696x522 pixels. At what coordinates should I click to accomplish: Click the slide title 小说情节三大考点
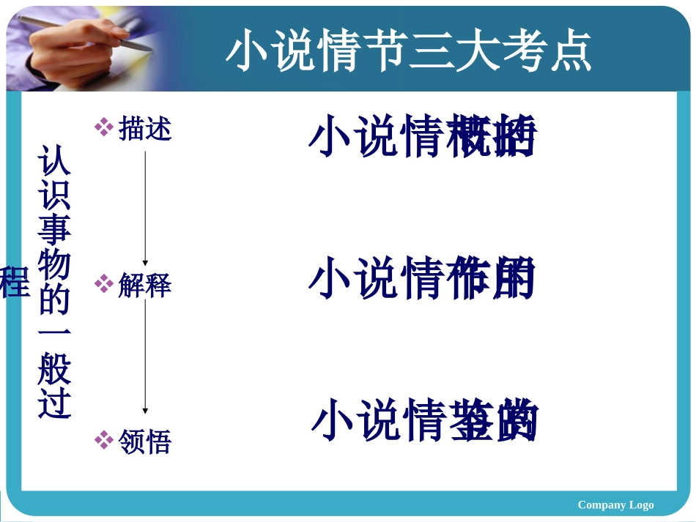pos(409,51)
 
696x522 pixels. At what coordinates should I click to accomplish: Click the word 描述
pos(145,128)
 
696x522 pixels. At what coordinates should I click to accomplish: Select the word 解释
pos(145,285)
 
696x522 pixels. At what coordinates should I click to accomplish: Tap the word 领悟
pos(145,441)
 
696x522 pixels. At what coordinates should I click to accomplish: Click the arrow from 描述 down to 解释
pos(145,209)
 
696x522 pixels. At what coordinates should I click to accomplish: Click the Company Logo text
pos(615,504)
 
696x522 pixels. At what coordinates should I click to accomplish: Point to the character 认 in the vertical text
pos(55,160)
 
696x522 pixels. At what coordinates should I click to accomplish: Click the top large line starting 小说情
pos(422,137)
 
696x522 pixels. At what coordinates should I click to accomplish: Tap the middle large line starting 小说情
pos(422,279)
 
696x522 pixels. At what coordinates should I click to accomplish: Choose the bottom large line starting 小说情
pos(425,421)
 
